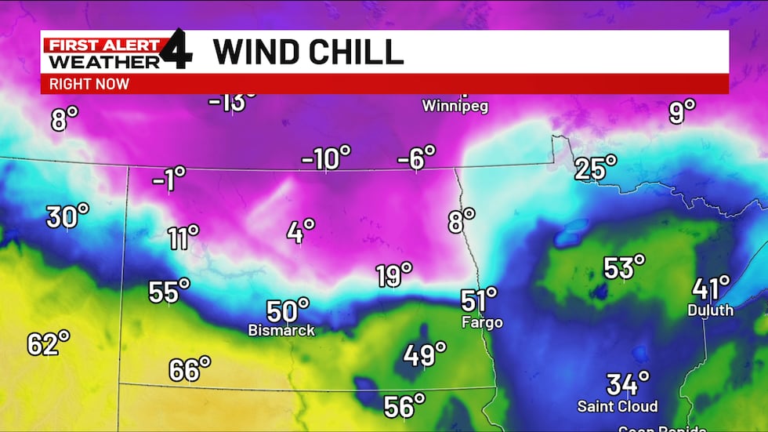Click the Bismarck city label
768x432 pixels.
click(281, 331)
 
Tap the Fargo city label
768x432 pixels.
click(481, 322)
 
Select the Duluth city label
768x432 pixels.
click(710, 310)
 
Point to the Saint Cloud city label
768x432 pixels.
click(617, 407)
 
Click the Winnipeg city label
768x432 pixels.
click(455, 106)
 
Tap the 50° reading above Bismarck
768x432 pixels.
click(287, 310)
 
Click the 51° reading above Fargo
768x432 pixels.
click(478, 300)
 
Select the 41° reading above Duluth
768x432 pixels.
click(711, 288)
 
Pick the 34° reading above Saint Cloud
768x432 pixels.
click(628, 384)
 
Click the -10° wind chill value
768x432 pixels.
click(326, 159)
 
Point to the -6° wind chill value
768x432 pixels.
click(415, 158)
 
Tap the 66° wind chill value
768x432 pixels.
click(190, 368)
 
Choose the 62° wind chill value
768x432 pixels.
click(48, 343)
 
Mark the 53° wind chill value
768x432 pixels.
click(624, 267)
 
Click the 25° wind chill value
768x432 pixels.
click(596, 168)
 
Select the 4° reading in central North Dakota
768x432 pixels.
click(300, 231)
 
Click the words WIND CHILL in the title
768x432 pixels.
click(308, 53)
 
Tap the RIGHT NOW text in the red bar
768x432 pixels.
click(89, 84)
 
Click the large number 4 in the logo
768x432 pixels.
click(177, 49)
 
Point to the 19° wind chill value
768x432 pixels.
click(393, 275)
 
